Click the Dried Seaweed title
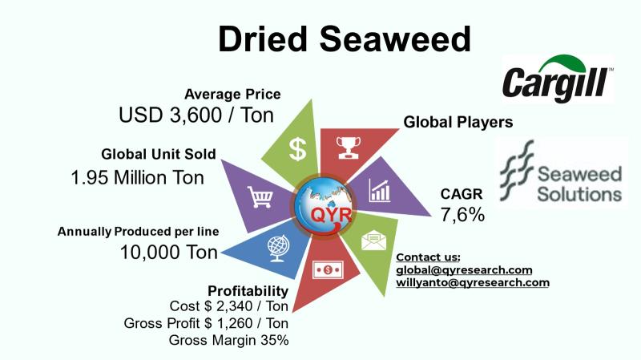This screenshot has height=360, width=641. tap(345, 38)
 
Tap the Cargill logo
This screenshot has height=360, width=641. tap(558, 79)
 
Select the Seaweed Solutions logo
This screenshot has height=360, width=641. tap(561, 172)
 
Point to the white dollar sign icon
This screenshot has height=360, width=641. tap(297, 149)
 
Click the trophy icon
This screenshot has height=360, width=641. tap(349, 148)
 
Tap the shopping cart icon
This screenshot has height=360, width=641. tap(260, 197)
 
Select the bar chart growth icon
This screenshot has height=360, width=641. tap(380, 190)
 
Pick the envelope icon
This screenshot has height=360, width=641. tap(373, 241)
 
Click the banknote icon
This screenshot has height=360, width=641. tap(328, 269)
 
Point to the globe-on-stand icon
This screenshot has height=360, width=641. tap(278, 248)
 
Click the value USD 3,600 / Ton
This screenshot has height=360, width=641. tap(196, 115)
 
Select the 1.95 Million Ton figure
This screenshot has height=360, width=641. tap(137, 177)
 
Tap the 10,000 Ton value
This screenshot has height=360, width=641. tap(169, 252)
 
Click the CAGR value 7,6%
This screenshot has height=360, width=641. tap(462, 214)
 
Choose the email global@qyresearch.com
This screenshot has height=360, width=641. tap(464, 270)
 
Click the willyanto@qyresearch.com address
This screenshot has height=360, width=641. tap(473, 283)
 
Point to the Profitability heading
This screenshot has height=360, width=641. tap(248, 291)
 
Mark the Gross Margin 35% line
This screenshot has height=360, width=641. tap(228, 340)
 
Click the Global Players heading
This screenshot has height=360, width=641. tap(458, 122)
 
